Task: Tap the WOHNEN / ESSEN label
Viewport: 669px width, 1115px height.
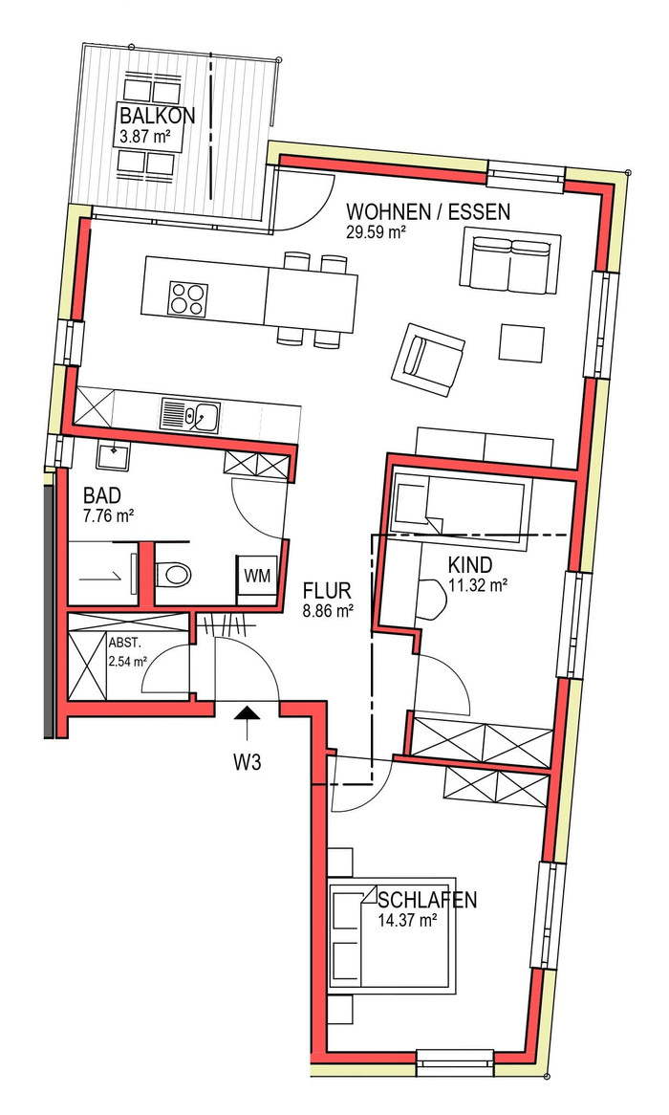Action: point(428,212)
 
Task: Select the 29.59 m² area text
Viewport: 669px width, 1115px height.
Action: point(376,232)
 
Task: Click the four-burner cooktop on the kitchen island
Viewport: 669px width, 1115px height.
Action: point(189,298)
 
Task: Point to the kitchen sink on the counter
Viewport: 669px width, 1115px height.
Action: point(190,415)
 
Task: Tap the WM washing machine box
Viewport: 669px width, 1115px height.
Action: point(257,576)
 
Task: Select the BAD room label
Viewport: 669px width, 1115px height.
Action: point(101,495)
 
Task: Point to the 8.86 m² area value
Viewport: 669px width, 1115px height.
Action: point(328,610)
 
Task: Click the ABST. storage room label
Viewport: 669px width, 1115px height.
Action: point(125,642)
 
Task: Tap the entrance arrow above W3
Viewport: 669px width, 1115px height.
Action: point(247,726)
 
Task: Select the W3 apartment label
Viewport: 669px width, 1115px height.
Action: point(248,763)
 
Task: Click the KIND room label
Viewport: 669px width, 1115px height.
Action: point(470,565)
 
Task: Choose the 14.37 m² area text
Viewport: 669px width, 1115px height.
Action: point(407,920)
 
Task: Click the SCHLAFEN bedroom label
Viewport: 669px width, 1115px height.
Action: point(427,900)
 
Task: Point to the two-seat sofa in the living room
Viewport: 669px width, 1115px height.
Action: point(509,259)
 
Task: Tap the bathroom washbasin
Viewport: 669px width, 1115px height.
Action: point(113,457)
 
